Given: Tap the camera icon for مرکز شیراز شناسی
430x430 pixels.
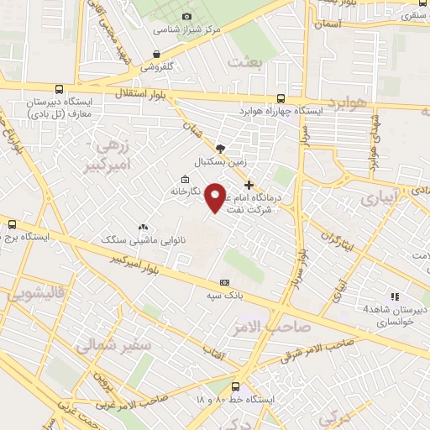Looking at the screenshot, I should (x=186, y=16).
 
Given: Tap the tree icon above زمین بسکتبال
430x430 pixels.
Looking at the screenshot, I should (x=220, y=148).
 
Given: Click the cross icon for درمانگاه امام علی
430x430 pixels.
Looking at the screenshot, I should (x=248, y=185).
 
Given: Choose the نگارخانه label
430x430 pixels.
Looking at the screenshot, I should (x=204, y=191).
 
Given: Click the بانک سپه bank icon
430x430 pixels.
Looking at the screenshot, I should (x=224, y=283).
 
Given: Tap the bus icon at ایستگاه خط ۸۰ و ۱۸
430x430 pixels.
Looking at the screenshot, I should (x=235, y=387).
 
